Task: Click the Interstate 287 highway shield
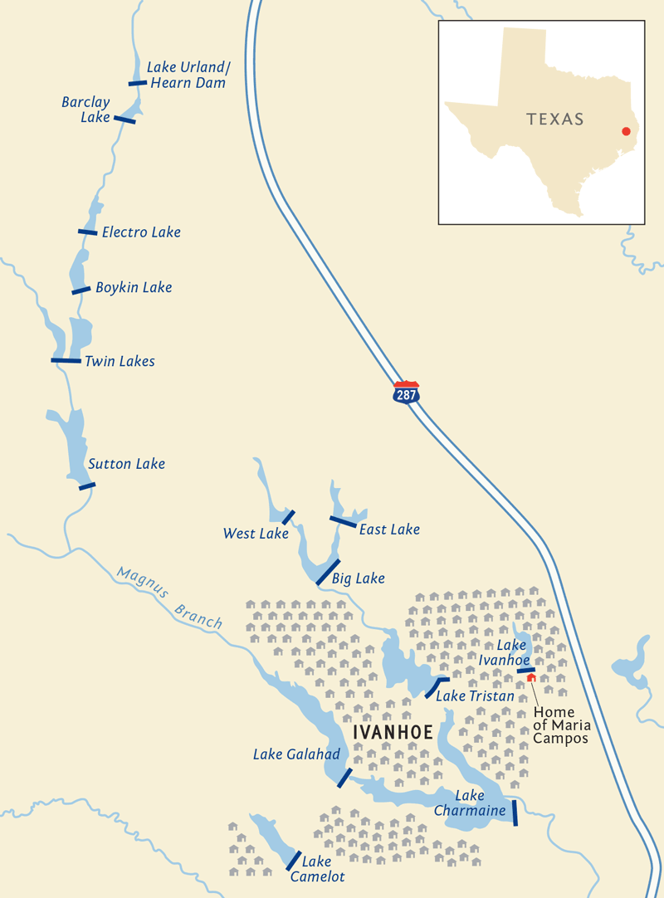pos(406,393)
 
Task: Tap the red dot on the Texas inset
pos(626,131)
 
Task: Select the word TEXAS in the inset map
pos(555,120)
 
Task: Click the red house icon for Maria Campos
pos(531,678)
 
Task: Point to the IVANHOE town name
pos(393,733)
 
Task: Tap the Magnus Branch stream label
pos(170,598)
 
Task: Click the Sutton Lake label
pos(127,464)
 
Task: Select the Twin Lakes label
pos(120,361)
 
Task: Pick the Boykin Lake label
pos(134,287)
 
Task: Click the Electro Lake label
pos(141,232)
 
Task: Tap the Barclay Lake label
pos(86,110)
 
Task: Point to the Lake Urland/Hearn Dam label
pos(186,75)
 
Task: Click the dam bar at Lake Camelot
pos(293,860)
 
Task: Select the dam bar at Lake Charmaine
pos(515,813)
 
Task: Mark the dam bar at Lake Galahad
pos(344,778)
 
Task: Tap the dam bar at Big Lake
pos(328,572)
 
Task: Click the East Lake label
pos(389,530)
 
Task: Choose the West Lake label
pos(256,534)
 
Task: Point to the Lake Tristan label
pos(475,696)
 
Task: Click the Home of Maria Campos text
pos(561,725)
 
